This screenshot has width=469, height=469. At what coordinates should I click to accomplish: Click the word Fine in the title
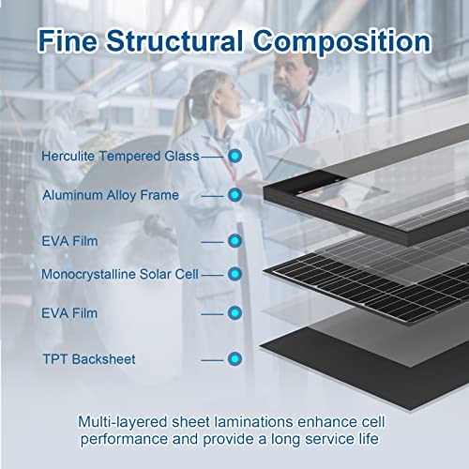pyautogui.click(x=68, y=40)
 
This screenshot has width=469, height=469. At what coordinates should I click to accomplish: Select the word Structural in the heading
pyautogui.click(x=174, y=40)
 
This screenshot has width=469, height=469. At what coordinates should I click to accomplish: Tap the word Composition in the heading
pyautogui.click(x=342, y=42)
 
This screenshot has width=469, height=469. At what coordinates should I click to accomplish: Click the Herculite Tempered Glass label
pyautogui.click(x=120, y=156)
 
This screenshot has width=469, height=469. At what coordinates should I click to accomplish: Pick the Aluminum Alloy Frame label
pyautogui.click(x=111, y=195)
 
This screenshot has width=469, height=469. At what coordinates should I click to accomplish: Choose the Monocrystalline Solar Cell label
pyautogui.click(x=120, y=274)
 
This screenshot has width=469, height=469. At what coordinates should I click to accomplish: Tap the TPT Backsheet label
pyautogui.click(x=89, y=359)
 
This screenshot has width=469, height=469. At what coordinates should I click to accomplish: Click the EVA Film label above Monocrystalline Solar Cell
pyautogui.click(x=69, y=241)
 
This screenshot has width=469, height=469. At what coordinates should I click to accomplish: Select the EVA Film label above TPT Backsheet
pyautogui.click(x=69, y=313)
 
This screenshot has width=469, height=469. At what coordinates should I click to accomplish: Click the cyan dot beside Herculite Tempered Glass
pyautogui.click(x=234, y=156)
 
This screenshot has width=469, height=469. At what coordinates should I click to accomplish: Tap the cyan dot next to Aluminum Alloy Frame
pyautogui.click(x=234, y=195)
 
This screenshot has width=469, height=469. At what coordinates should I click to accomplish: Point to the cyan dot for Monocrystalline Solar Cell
pyautogui.click(x=234, y=274)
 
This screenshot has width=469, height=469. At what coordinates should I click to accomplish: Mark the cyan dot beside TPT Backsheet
pyautogui.click(x=234, y=359)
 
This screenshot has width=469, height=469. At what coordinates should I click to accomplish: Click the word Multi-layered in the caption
pyautogui.click(x=123, y=423)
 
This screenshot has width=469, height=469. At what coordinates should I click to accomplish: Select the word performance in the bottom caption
pyautogui.click(x=124, y=440)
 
